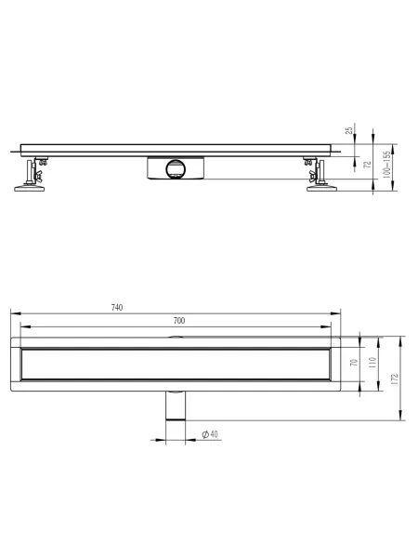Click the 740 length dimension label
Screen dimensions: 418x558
(x=117, y=308)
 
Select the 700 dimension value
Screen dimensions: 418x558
(x=179, y=321)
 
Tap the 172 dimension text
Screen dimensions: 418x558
(x=394, y=379)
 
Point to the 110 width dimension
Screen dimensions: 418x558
(x=372, y=363)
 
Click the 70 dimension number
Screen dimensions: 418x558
(x=354, y=363)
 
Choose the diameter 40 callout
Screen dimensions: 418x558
(x=210, y=434)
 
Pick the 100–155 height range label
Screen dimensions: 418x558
(x=386, y=165)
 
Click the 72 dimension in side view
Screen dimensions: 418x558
(x=368, y=165)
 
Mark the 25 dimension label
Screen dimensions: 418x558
(x=349, y=130)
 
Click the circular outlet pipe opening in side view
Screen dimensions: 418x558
(x=176, y=168)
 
